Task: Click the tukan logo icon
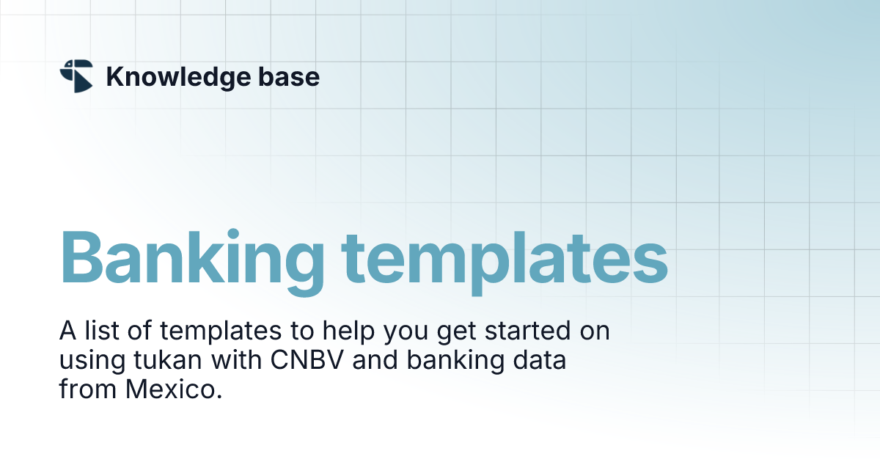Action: pos(76,76)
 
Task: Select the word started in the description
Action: pos(525,332)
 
